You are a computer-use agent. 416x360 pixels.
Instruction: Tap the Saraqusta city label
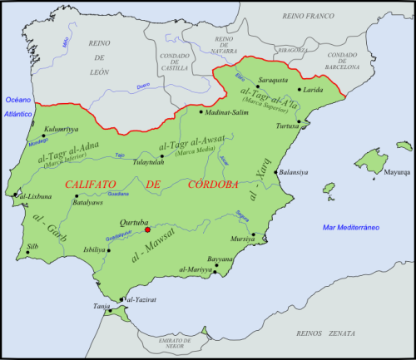(273, 81)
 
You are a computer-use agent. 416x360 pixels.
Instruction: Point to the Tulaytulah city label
(151, 163)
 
